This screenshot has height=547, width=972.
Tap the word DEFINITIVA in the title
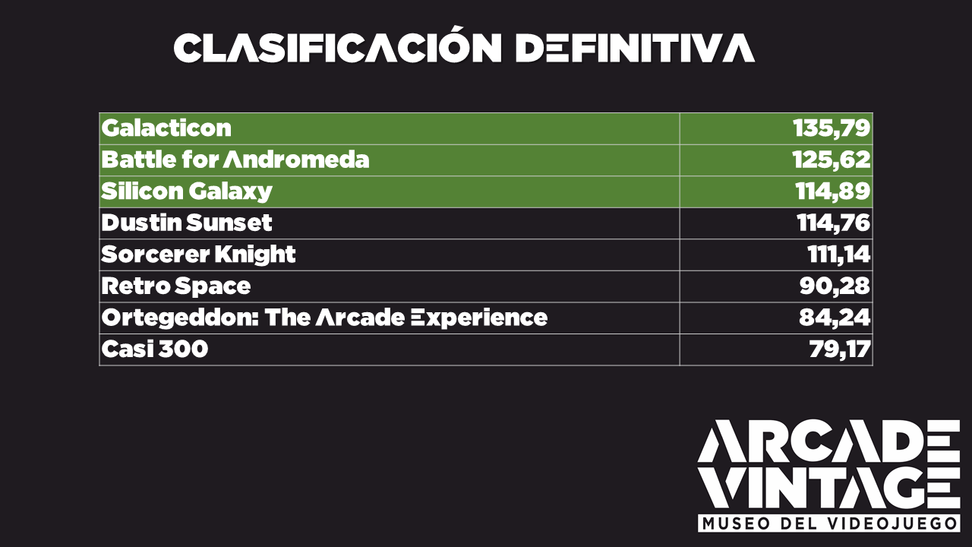click(636, 48)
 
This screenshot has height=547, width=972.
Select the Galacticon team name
click(166, 128)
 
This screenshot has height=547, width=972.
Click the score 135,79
click(832, 128)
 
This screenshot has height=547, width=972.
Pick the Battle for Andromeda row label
click(235, 160)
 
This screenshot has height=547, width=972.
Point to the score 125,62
click(831, 160)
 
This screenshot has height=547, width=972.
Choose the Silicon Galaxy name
click(187, 191)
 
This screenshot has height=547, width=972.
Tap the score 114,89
click(833, 191)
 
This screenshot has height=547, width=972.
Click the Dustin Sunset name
click(187, 223)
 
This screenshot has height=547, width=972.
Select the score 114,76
click(833, 223)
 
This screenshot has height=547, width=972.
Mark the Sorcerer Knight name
click(198, 255)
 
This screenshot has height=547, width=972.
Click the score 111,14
click(839, 255)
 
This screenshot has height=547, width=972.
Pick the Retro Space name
click(175, 286)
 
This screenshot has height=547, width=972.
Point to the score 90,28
click(835, 286)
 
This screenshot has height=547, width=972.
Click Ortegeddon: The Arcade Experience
click(324, 318)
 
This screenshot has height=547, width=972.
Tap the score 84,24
click(835, 318)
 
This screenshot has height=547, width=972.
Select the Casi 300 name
click(154, 349)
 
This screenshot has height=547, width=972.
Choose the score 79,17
click(840, 349)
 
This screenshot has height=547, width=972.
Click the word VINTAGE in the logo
click(828, 488)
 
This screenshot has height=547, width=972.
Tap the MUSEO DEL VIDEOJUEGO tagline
click(828, 523)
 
